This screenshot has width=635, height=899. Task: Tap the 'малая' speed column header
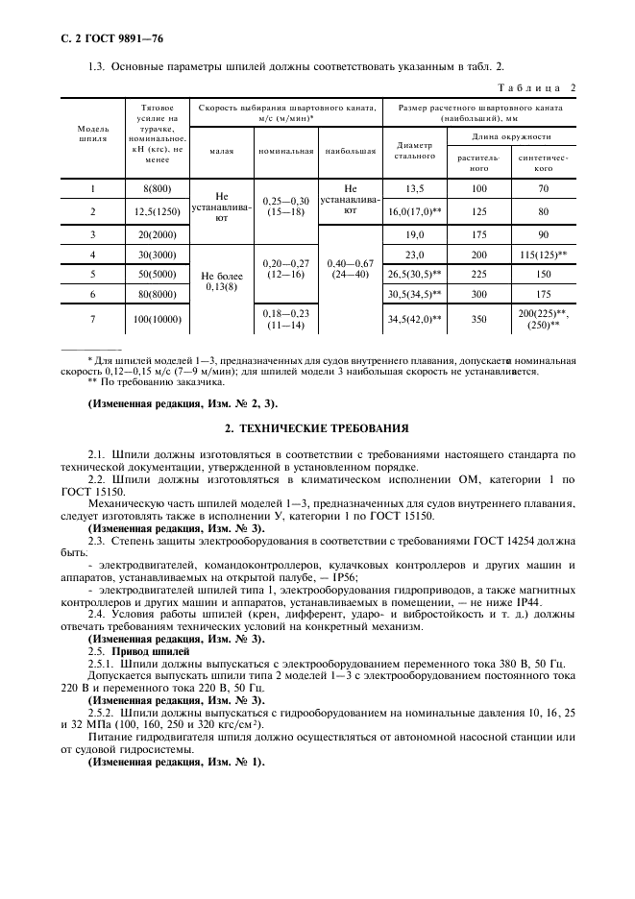pos(220,151)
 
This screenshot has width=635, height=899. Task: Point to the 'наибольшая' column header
pos(350,151)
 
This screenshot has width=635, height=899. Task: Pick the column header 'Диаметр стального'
pos(415,150)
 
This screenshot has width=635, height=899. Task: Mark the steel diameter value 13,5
pos(415,189)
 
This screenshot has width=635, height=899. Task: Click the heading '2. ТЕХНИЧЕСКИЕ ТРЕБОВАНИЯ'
pos(317,427)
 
